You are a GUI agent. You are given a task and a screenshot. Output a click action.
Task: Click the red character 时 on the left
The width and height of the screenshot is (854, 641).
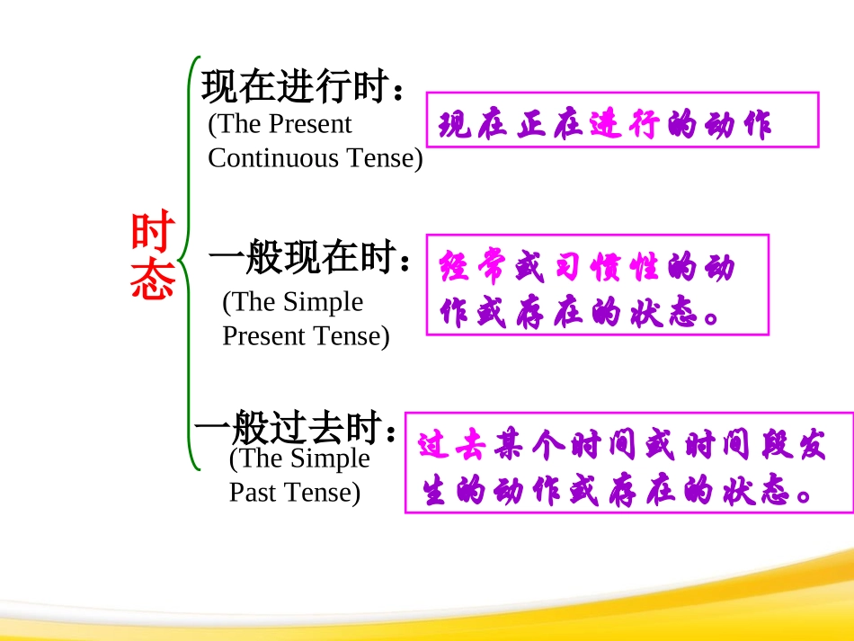point(151,232)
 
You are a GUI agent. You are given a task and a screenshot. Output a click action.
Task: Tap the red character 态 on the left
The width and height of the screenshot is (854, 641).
point(151,281)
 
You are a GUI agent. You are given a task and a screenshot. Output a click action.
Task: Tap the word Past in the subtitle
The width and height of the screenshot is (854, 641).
point(252,493)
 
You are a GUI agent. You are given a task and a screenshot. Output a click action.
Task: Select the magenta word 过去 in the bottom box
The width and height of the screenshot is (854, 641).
point(452,447)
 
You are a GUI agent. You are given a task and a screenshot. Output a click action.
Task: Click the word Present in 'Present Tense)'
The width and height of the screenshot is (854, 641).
point(261,336)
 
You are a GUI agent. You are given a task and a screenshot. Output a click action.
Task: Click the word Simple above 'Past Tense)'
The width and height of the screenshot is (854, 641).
point(329,458)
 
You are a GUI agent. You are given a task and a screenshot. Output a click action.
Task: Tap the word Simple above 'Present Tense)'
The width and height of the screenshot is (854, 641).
point(323,302)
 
